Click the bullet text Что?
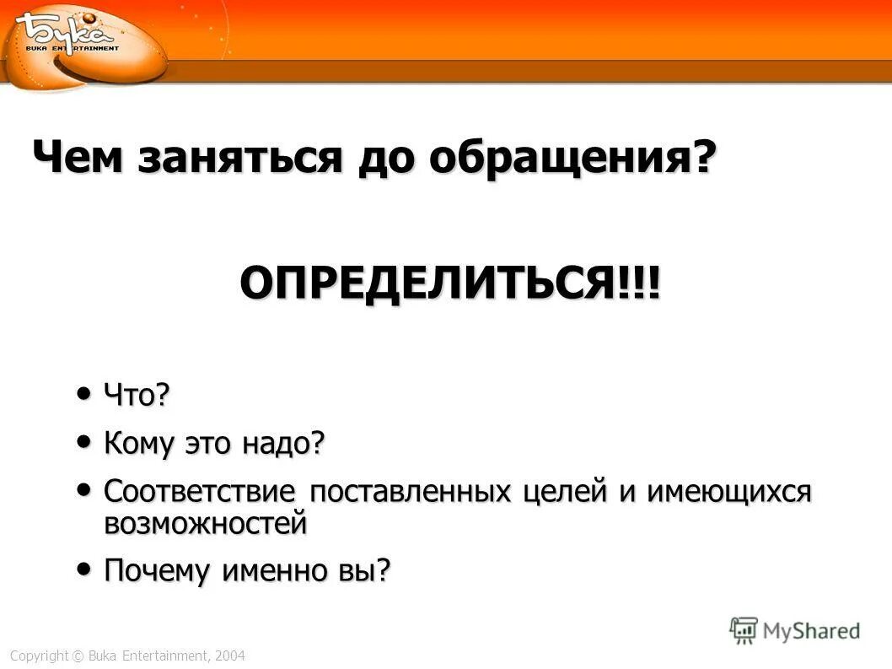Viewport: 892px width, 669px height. click(137, 395)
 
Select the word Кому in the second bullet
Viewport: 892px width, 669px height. click(139, 443)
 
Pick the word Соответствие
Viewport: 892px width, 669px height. click(200, 491)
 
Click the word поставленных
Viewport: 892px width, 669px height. click(411, 491)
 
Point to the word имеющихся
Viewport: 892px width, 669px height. click(728, 491)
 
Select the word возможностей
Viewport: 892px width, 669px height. click(205, 524)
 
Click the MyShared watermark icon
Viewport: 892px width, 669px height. click(744, 629)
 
